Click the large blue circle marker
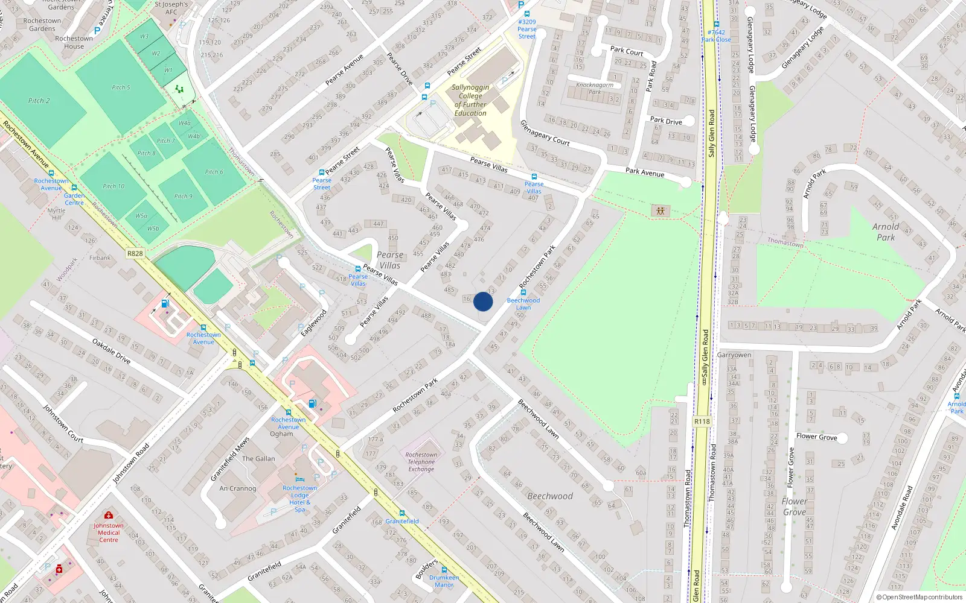(x=483, y=301)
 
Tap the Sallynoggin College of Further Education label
(x=470, y=100)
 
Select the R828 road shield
(x=135, y=253)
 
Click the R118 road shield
(x=702, y=421)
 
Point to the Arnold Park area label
(x=886, y=232)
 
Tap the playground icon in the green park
(x=661, y=210)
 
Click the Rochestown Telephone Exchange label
(x=421, y=462)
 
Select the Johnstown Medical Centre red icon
(x=109, y=515)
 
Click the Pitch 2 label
(x=39, y=101)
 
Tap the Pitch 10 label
(x=114, y=186)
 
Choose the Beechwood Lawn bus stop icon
(x=523, y=292)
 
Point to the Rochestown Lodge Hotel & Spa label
(x=299, y=499)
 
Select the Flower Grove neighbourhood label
(x=795, y=507)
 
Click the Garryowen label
(x=734, y=355)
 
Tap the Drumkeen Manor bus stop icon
(x=444, y=570)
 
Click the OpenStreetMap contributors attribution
(x=920, y=597)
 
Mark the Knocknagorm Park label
(x=595, y=88)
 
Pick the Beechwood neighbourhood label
(x=550, y=496)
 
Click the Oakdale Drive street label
(x=111, y=351)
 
